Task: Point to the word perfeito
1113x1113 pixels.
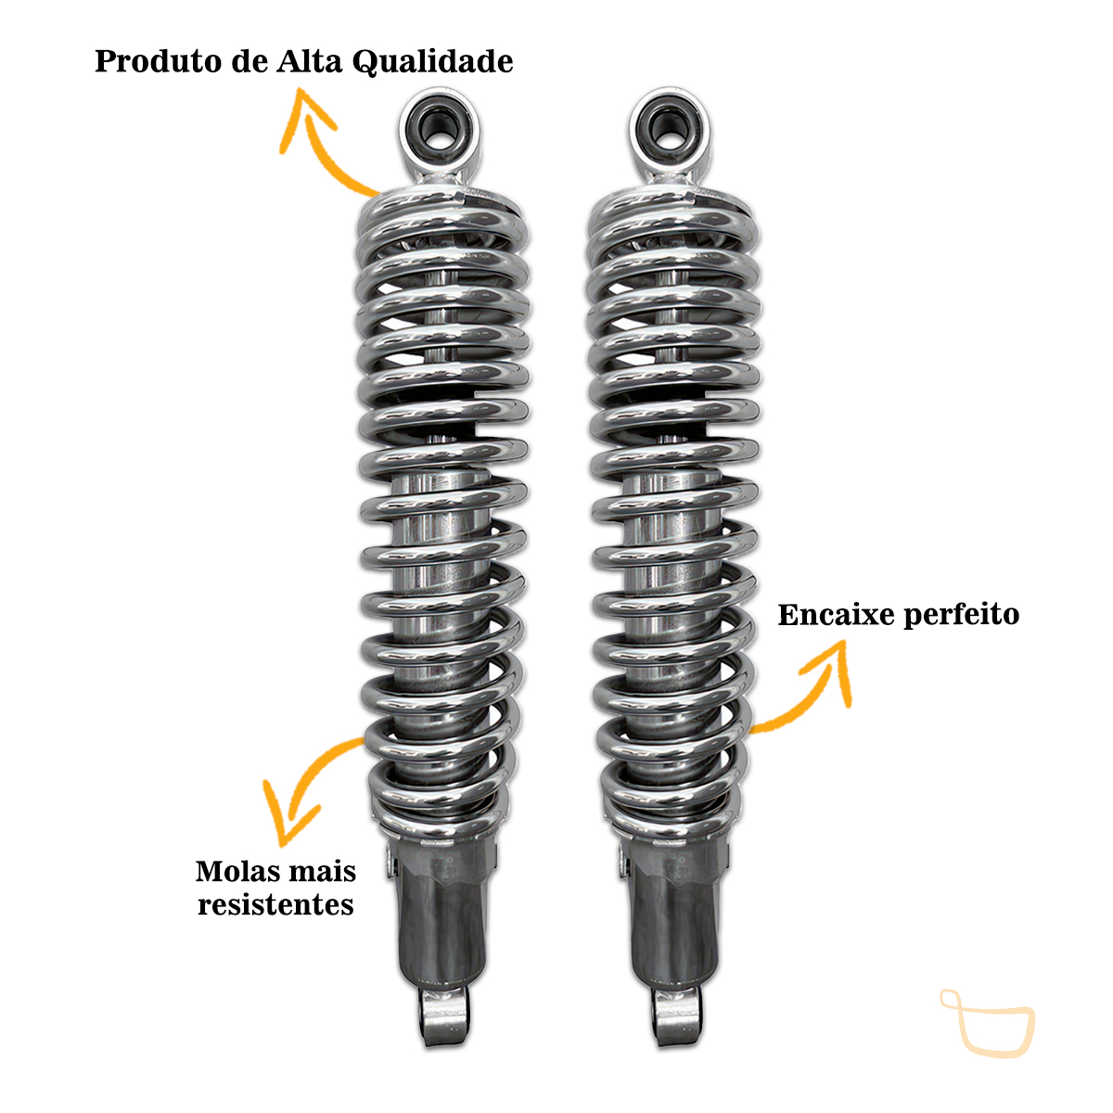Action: click(962, 616)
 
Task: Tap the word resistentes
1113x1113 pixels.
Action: click(275, 905)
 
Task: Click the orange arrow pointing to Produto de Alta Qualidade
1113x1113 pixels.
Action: click(316, 151)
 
